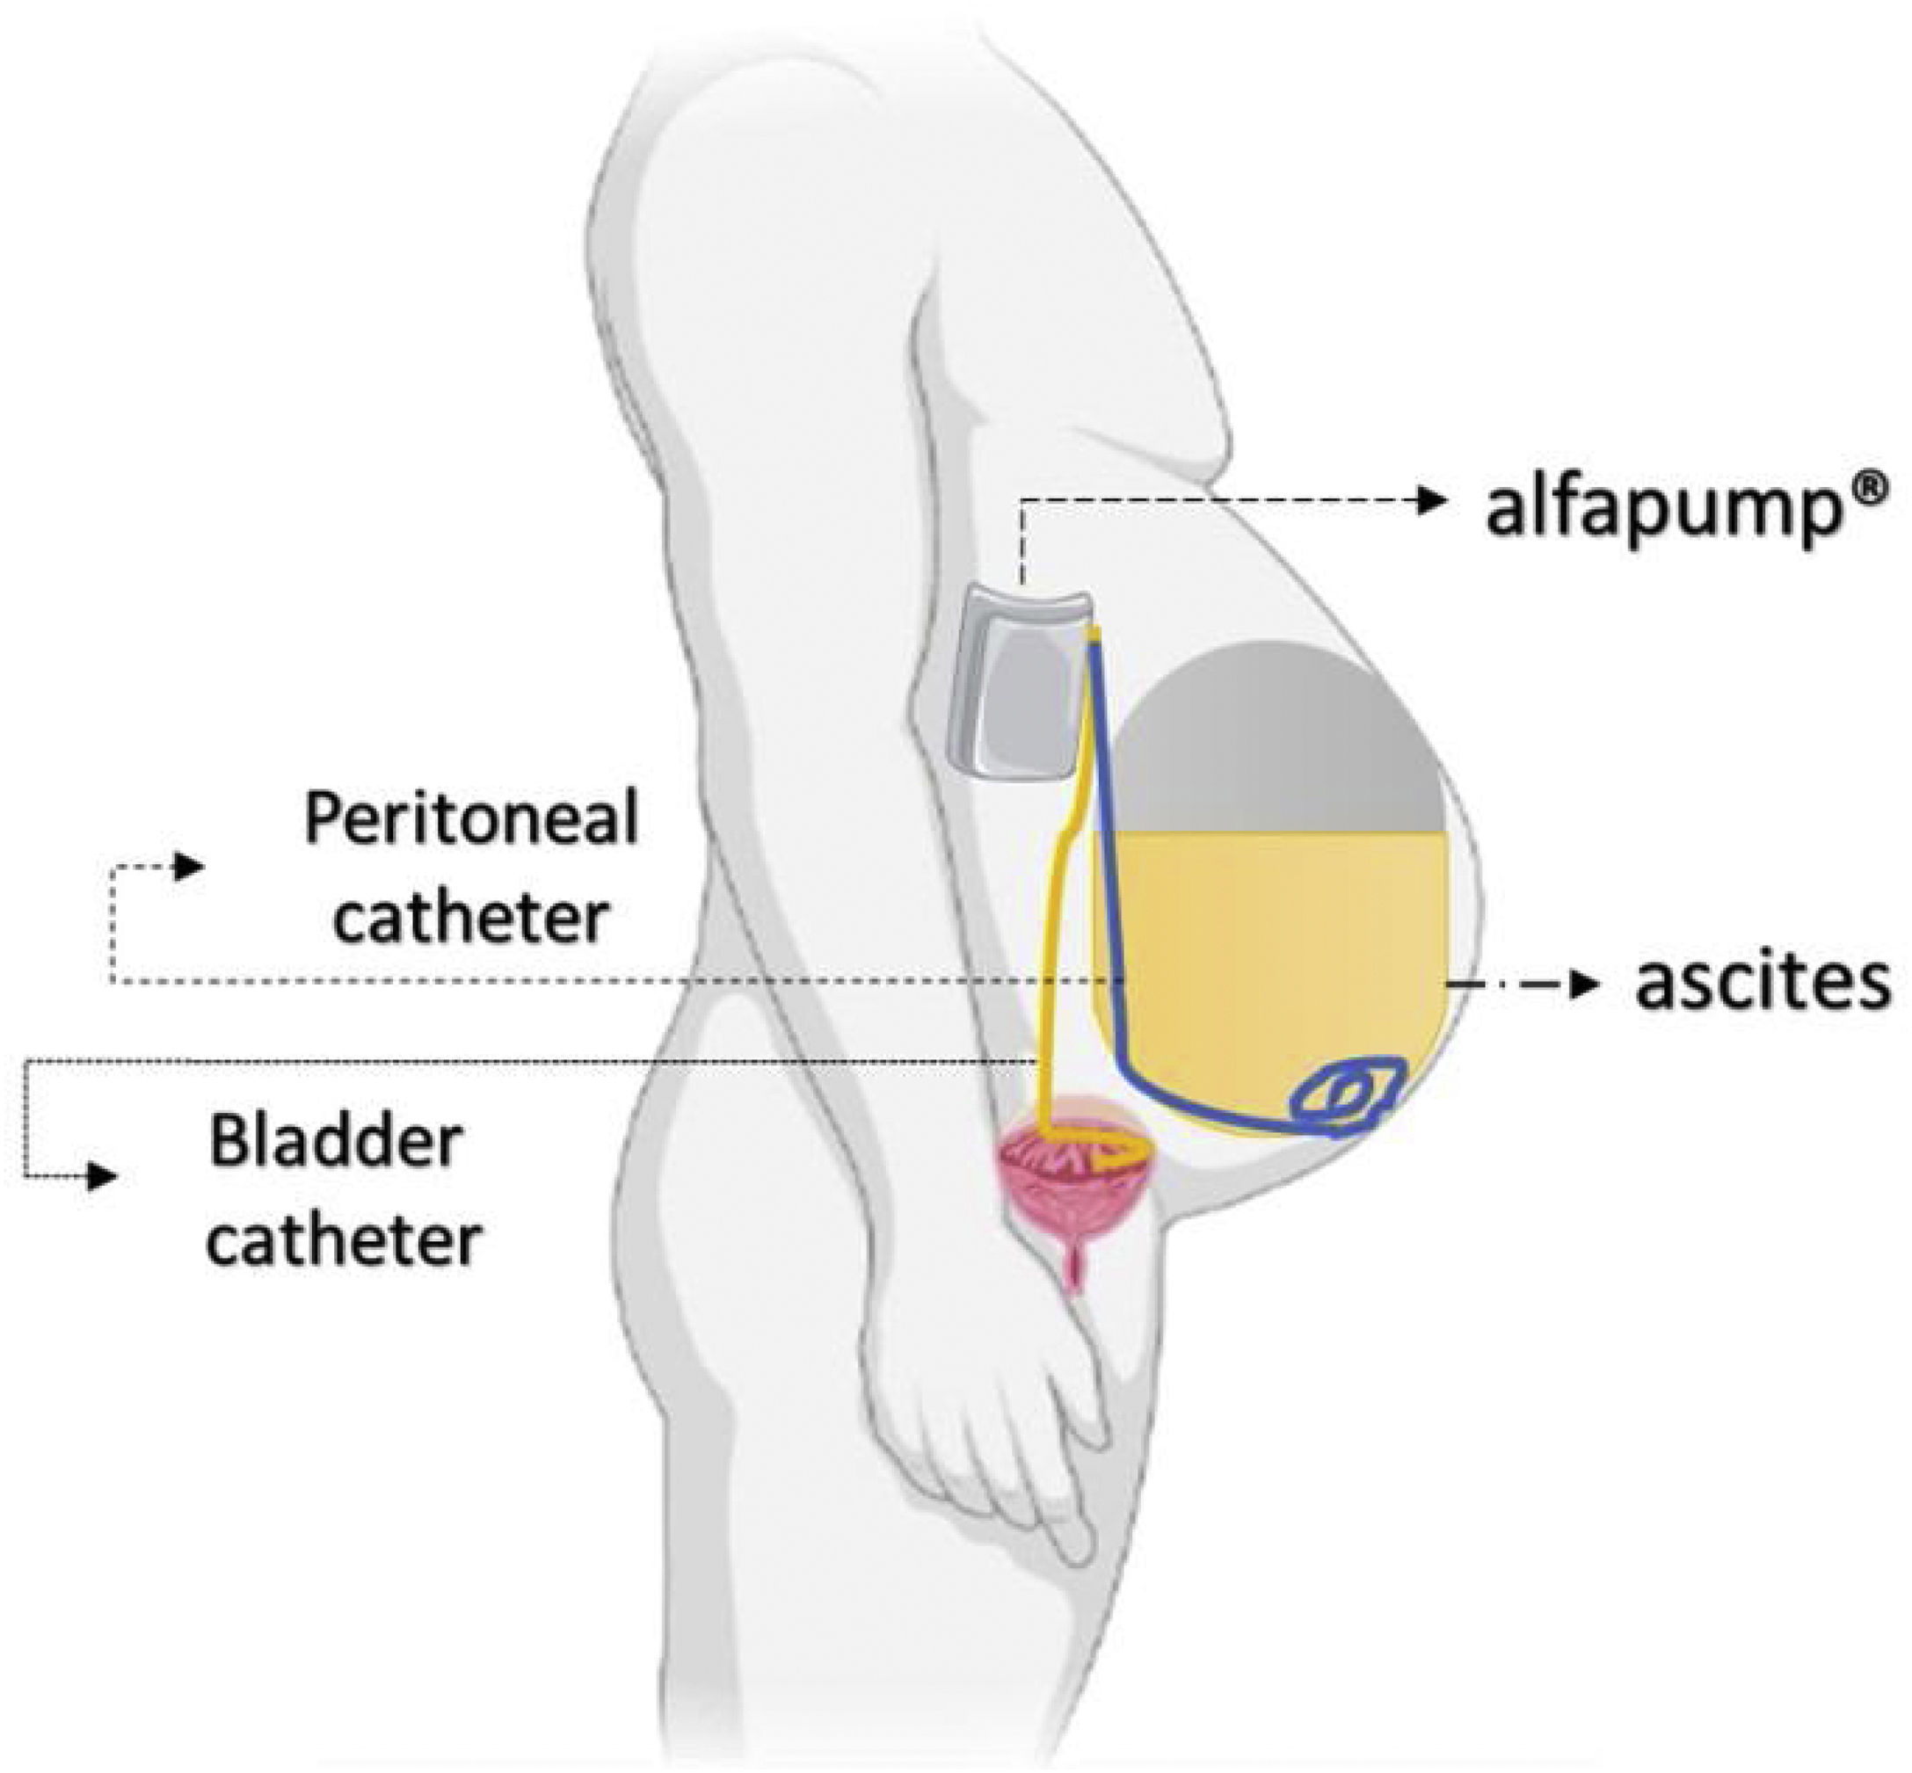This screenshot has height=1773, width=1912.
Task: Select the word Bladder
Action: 337,1144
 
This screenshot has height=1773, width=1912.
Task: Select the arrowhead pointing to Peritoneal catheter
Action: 189,868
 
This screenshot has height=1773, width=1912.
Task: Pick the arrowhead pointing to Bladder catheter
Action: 103,1176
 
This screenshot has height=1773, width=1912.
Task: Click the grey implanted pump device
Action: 1013,681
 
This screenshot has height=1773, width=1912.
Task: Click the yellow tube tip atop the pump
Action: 1093,632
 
